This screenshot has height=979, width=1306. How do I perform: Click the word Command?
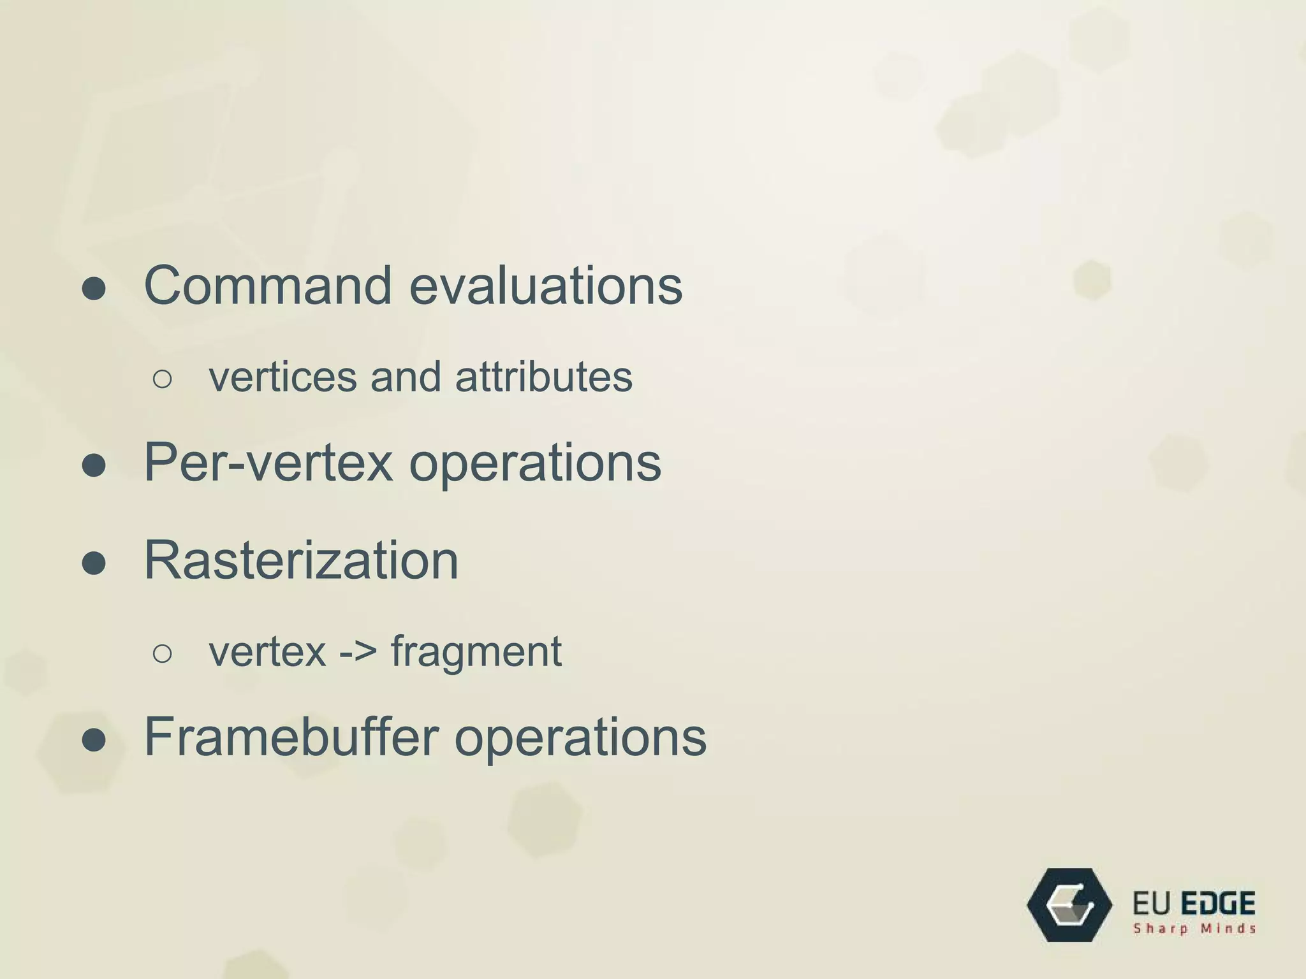(x=268, y=286)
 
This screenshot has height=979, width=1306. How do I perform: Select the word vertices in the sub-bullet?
(x=282, y=377)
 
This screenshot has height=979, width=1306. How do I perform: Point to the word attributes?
(x=543, y=377)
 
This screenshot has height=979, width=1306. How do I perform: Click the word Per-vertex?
(x=268, y=462)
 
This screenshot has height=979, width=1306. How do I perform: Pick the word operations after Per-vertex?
(x=534, y=463)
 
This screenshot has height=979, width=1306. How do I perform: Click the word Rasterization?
(x=301, y=560)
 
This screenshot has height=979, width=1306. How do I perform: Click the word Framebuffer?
(x=291, y=737)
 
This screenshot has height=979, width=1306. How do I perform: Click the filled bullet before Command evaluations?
(x=94, y=289)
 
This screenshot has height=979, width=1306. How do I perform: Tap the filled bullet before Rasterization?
(x=94, y=563)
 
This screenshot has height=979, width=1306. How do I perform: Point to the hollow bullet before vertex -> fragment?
(x=163, y=654)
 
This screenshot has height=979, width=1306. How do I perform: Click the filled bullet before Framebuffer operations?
(x=94, y=740)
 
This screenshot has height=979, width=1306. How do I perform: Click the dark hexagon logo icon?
(x=1069, y=904)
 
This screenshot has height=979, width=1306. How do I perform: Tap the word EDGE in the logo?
(x=1218, y=904)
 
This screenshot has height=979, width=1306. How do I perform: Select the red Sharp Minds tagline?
(x=1194, y=929)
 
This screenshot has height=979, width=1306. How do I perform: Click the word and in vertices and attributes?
(x=406, y=377)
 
